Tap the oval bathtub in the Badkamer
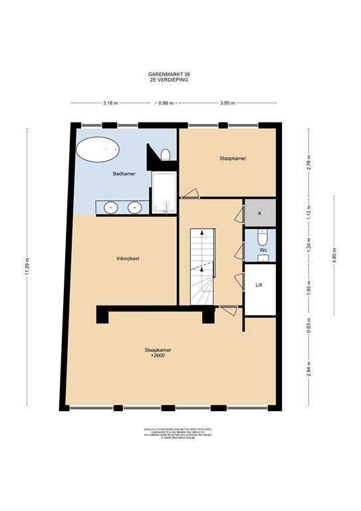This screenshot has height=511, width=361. [x=97, y=150]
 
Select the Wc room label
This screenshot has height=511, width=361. [x=263, y=251]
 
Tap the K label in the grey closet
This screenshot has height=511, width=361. [x=259, y=213]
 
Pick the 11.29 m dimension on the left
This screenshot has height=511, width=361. [x=27, y=266]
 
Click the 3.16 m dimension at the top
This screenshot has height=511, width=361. [x=110, y=103]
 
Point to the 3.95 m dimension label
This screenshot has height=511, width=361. [x=228, y=103]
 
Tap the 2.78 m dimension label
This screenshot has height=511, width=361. [x=308, y=162]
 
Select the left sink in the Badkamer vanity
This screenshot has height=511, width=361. [x=111, y=207]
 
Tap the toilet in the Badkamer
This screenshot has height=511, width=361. [x=165, y=154]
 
